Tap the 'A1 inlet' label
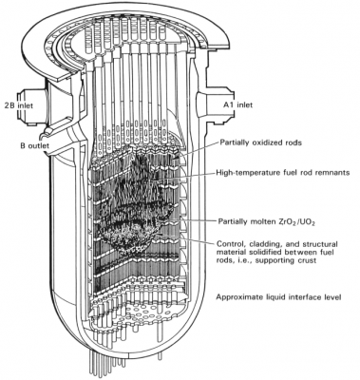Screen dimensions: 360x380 [x=236, y=104]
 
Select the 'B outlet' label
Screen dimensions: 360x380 [x=35, y=145]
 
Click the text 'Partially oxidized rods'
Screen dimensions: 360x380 [x=260, y=142]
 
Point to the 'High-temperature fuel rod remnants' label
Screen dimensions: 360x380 [x=283, y=173]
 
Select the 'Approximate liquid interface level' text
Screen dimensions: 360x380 [x=278, y=297]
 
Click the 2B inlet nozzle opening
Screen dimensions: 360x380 [x=25, y=107]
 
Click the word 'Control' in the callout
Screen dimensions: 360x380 [x=229, y=244]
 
